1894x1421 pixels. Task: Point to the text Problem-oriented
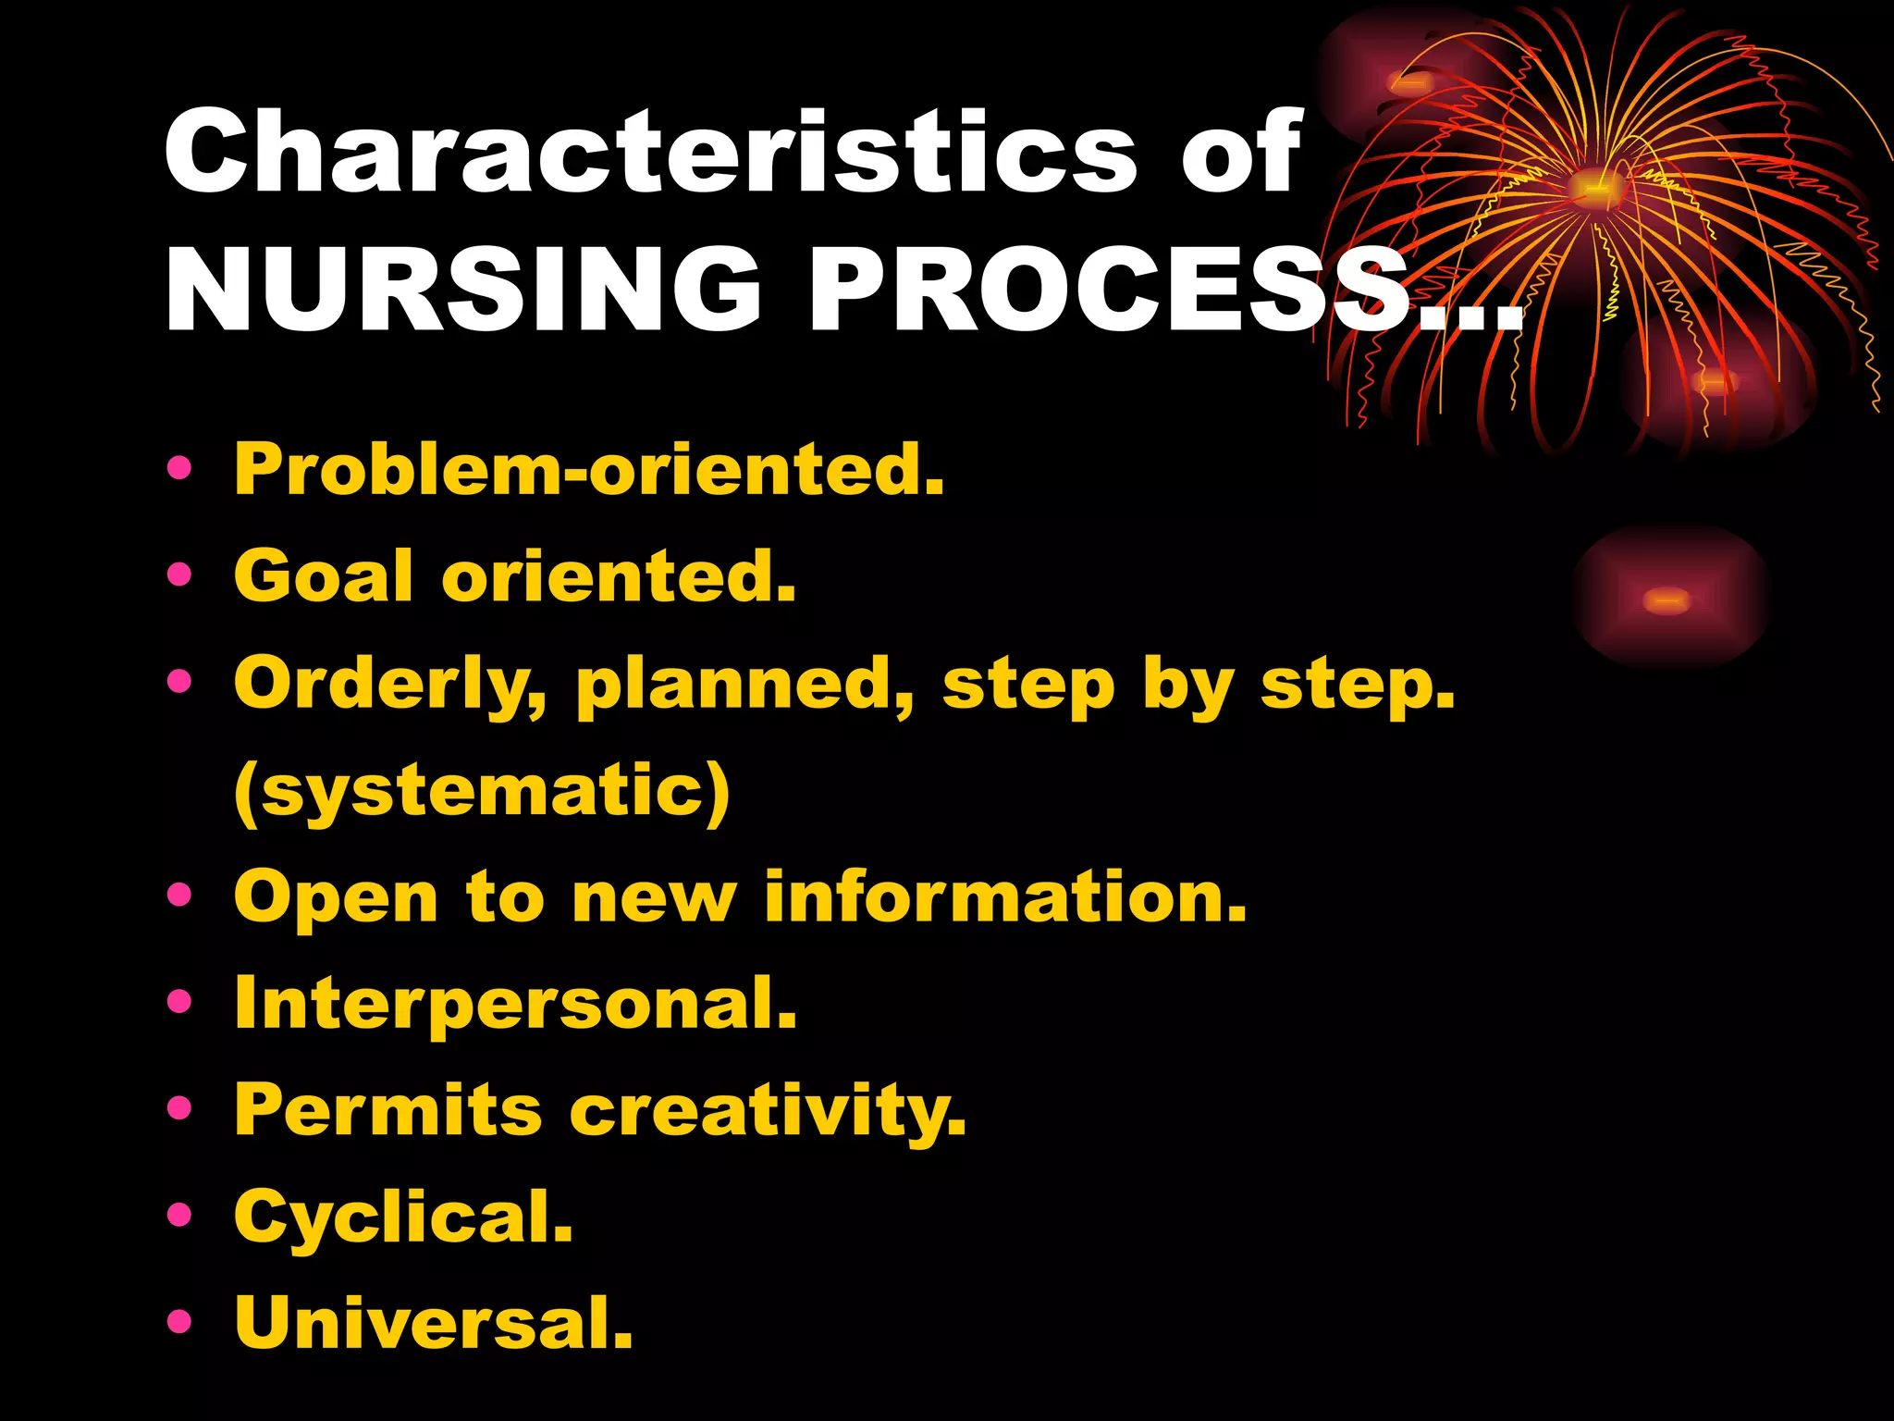tap(589, 469)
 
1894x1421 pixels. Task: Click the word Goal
tap(323, 575)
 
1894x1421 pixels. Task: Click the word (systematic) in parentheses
tap(482, 792)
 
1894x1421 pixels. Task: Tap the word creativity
tap(768, 1110)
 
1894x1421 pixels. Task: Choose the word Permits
tap(387, 1110)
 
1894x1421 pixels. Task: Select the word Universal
tap(434, 1323)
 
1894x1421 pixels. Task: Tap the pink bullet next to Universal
tap(179, 1321)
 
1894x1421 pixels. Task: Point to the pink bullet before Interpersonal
tap(179, 1001)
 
